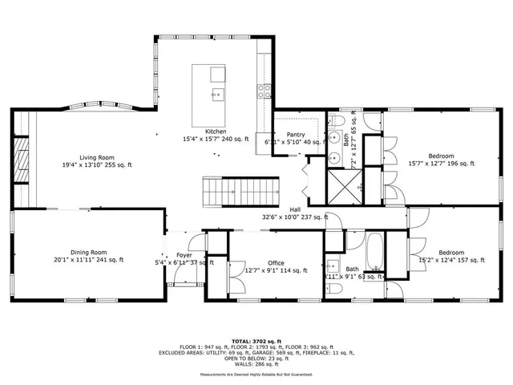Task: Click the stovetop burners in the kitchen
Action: (x=263, y=91)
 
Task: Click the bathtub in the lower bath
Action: (x=376, y=253)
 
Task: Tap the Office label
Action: (x=276, y=262)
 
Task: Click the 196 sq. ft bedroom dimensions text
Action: (x=441, y=164)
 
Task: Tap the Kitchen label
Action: (x=215, y=131)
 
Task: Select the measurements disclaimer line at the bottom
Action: (x=256, y=374)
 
